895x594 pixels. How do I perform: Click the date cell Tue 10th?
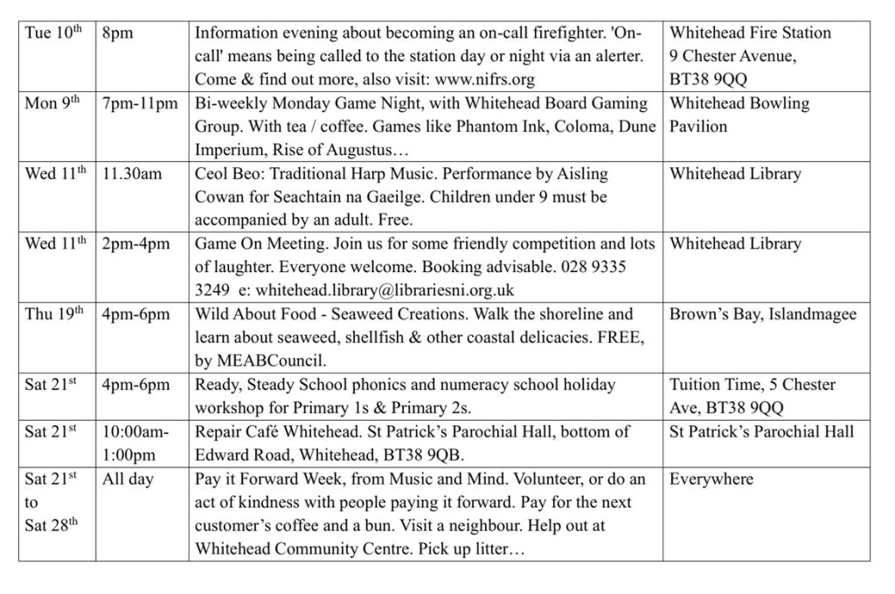point(52,34)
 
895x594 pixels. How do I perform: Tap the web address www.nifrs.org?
point(481,80)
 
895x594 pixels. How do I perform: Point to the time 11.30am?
point(132,174)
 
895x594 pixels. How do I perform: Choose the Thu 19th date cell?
point(54,314)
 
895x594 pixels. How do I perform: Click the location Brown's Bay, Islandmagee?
point(763,314)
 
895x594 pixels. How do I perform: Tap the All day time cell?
point(128,479)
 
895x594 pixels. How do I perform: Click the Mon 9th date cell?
point(53,104)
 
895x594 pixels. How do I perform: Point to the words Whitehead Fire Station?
point(750,32)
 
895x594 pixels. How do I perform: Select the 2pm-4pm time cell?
point(135,244)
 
